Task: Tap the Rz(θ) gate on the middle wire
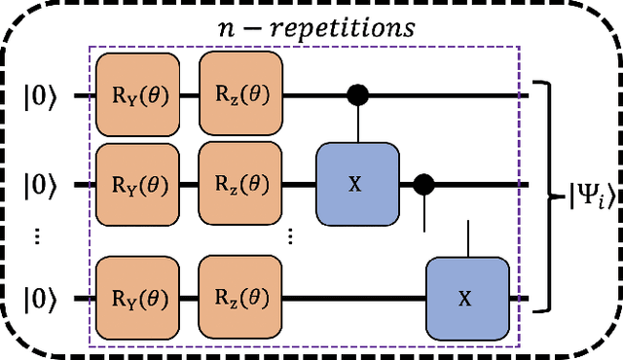coord(241,183)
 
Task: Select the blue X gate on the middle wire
coord(356,183)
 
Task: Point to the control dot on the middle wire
coord(423,183)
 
